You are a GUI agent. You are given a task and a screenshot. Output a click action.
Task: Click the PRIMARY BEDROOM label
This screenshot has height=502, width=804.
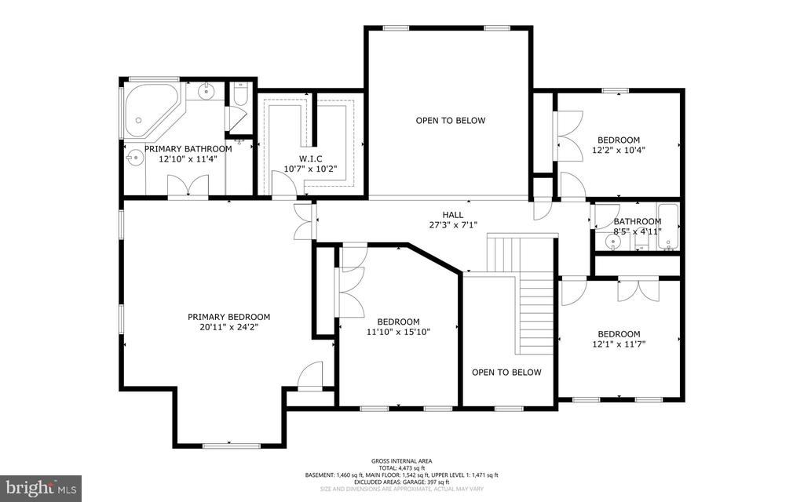[223, 317]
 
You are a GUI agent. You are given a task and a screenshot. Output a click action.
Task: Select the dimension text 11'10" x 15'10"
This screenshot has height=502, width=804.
[398, 332]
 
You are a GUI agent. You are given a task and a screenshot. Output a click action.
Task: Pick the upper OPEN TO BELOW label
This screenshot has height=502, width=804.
[450, 121]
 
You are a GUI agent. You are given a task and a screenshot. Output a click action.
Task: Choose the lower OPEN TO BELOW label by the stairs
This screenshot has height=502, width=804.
[506, 373]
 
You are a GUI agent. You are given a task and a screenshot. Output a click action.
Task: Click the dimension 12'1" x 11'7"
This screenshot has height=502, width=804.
[618, 344]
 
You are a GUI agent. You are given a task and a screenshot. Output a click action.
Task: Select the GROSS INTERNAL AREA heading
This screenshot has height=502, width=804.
[401, 461]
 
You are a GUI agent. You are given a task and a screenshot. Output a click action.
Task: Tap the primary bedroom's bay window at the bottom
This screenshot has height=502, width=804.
[227, 445]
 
